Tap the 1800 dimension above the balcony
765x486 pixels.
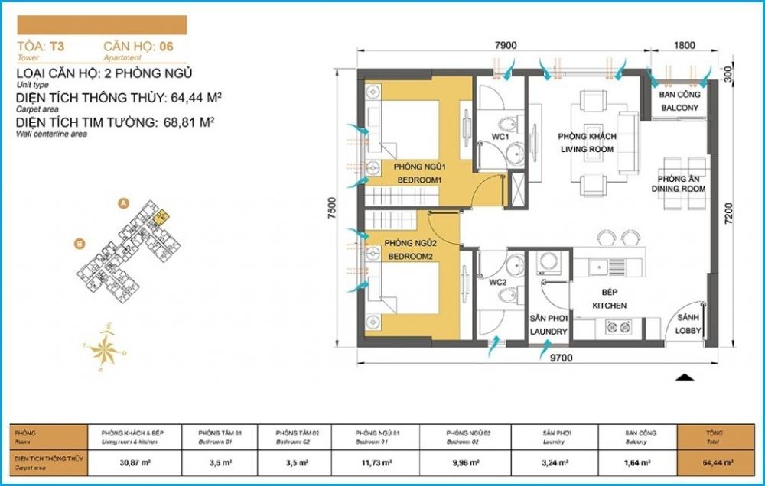click(x=685, y=46)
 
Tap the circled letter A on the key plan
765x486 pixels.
click(x=122, y=204)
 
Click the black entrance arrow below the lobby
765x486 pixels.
click(x=685, y=376)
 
